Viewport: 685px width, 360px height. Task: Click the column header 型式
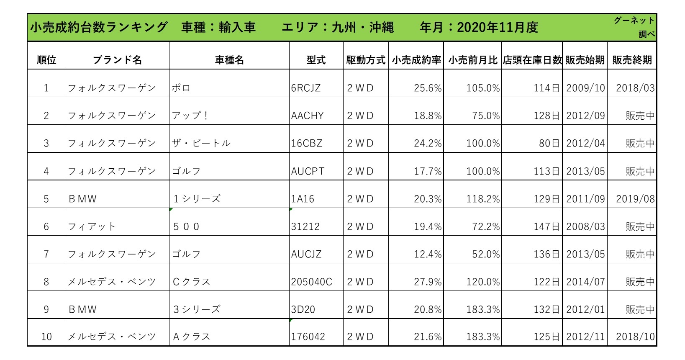[316, 60]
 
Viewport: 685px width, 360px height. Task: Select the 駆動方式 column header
[365, 60]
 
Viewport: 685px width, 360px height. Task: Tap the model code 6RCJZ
[306, 88]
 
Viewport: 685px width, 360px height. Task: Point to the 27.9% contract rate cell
[428, 282]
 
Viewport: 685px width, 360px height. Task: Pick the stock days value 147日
[546, 226]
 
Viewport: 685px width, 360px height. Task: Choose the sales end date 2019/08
[635, 199]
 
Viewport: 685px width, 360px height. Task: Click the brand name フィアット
[92, 226]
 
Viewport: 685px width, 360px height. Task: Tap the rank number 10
[46, 337]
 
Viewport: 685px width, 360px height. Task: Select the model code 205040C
[312, 282]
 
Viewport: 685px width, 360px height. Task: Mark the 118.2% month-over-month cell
[483, 199]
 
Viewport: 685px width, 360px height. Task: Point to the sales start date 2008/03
[585, 226]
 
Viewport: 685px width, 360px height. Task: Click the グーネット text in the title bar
[634, 21]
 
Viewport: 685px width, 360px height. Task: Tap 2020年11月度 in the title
[497, 28]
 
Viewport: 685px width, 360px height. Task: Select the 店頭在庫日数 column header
[532, 60]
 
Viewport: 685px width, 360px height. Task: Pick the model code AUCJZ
[306, 254]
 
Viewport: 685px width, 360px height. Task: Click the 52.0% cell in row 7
[485, 254]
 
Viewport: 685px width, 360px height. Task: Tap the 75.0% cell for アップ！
[485, 116]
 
